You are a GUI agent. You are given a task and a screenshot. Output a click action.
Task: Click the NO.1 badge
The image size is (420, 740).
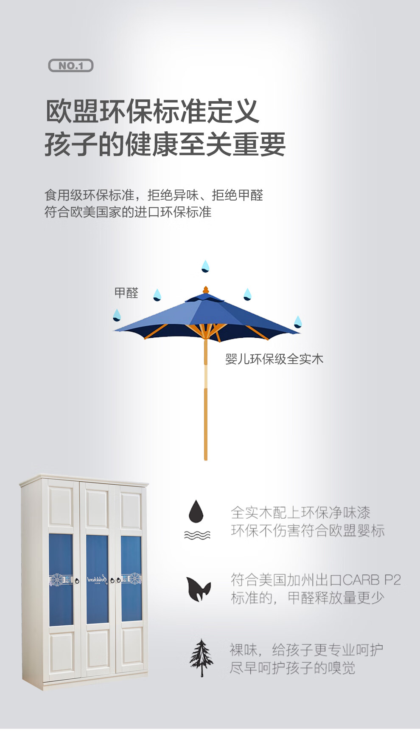(70, 66)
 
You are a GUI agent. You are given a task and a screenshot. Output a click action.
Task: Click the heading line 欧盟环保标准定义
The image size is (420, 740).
(152, 111)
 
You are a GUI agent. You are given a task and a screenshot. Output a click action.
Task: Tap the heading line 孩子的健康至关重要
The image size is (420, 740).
(165, 144)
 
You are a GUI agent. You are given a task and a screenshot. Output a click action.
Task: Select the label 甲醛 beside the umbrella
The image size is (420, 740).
(126, 293)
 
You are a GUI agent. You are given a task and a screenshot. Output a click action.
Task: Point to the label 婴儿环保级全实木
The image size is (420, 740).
(274, 359)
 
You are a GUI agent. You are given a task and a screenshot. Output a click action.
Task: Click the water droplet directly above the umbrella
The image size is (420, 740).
(205, 266)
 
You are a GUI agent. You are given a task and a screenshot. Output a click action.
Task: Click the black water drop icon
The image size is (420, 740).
(196, 511)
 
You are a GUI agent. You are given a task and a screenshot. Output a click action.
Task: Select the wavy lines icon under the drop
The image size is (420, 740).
(197, 535)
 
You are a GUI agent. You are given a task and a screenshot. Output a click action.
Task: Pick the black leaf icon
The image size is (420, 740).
(198, 589)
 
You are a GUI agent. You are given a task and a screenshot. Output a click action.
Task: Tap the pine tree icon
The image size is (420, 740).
(201, 658)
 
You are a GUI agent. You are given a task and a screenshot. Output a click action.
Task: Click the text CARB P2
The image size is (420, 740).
(372, 580)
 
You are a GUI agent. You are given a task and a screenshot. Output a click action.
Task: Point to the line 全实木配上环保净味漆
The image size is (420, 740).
(300, 513)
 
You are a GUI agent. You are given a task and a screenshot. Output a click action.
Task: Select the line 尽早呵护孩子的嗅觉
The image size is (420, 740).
(292, 668)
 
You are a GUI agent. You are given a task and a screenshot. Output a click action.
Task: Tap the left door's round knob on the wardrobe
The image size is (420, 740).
(77, 580)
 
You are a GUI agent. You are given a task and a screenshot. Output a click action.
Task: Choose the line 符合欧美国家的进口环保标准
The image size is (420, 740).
(128, 212)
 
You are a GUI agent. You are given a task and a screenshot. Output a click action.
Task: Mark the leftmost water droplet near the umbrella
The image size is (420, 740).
(117, 315)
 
